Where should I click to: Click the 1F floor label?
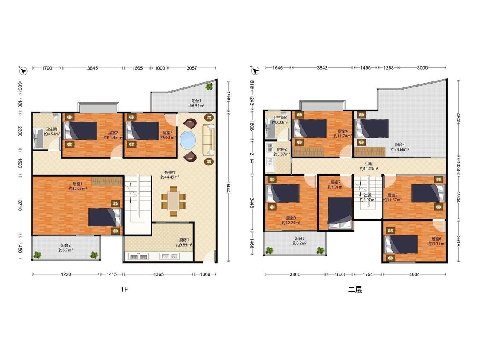point(124,289)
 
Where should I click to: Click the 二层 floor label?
point(355,289)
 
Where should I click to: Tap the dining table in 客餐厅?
point(173,201)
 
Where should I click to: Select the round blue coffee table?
point(188,140)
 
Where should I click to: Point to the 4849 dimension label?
point(459,119)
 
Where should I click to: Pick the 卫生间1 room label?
point(52,129)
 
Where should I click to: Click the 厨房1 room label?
point(184,240)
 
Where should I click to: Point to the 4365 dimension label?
point(158,274)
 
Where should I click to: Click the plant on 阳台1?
point(209,86)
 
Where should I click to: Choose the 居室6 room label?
point(436,239)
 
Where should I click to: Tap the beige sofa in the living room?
point(209,139)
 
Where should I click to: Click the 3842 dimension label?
point(323,68)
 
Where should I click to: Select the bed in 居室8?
point(283,194)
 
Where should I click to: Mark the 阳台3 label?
point(300,238)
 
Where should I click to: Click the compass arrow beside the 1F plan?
point(23,71)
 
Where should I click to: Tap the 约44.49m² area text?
point(170,177)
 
